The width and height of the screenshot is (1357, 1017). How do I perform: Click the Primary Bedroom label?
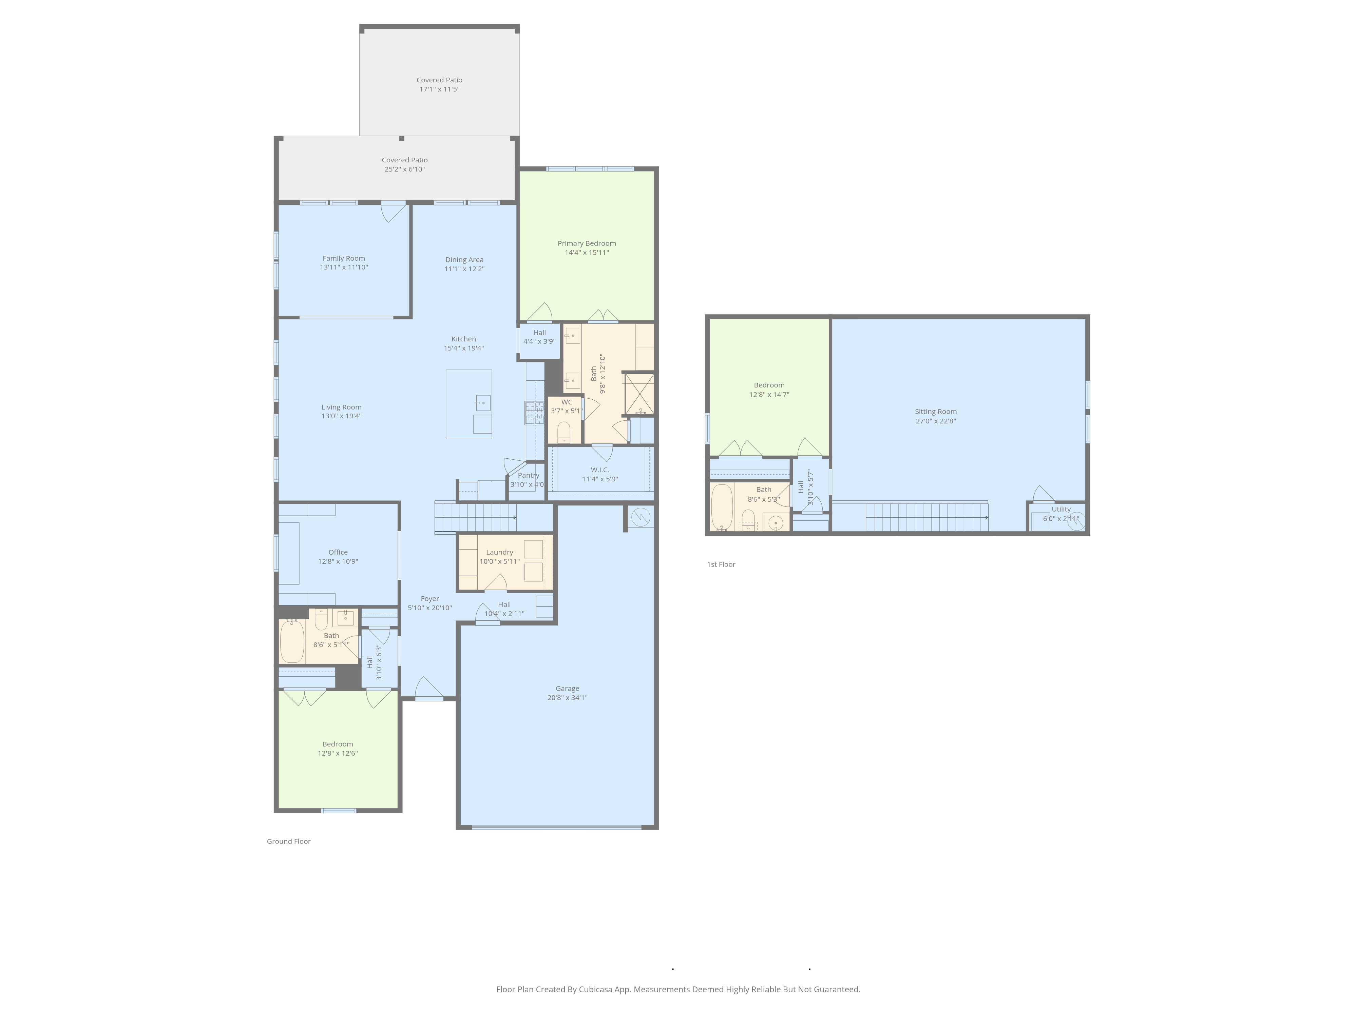tap(587, 243)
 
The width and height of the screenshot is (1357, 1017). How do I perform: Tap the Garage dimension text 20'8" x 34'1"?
tap(568, 698)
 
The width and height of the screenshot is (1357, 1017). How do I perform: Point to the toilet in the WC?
tap(564, 432)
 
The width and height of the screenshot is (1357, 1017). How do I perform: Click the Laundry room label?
tap(499, 552)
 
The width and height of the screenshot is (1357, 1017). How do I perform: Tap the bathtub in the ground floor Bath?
tap(292, 641)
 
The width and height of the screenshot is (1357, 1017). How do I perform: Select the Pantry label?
tap(528, 475)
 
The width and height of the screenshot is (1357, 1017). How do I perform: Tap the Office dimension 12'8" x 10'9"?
tap(338, 561)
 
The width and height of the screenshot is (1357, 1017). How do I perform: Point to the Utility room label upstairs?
tap(1061, 510)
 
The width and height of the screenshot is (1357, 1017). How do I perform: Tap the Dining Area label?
tap(464, 260)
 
